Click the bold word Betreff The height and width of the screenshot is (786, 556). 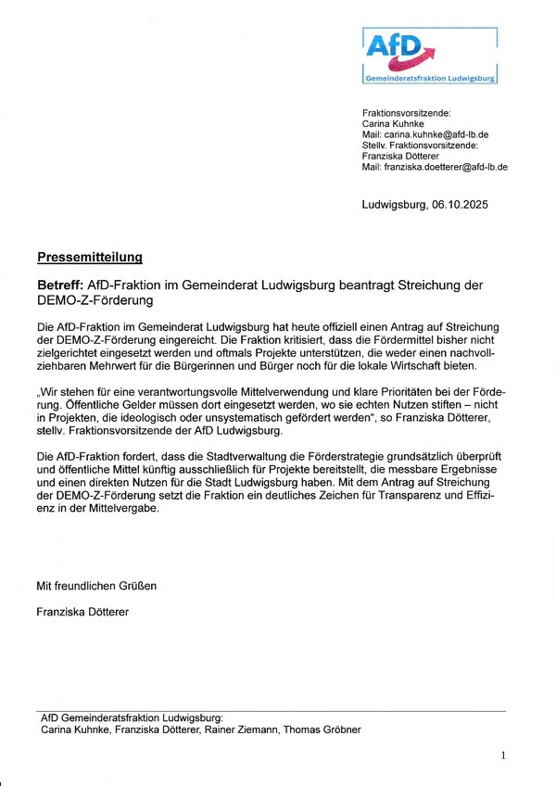click(x=60, y=285)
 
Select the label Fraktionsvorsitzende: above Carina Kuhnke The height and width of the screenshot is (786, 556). click(x=406, y=112)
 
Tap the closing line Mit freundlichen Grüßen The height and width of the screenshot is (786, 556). click(x=96, y=586)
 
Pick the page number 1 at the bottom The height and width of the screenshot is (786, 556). click(x=503, y=755)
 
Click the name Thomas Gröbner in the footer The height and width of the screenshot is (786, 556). click(x=322, y=729)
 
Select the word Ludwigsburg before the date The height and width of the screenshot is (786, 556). click(x=393, y=206)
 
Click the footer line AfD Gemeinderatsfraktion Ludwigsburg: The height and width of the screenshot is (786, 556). click(x=132, y=717)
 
